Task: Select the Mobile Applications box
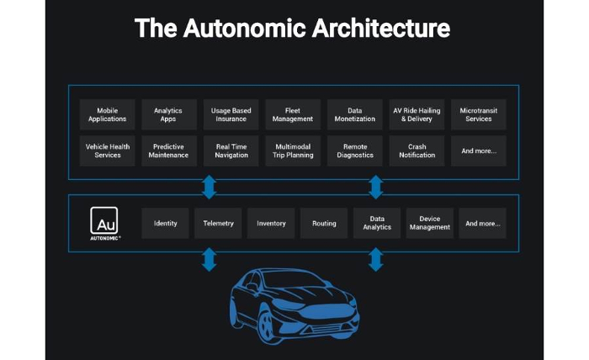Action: [x=107, y=114]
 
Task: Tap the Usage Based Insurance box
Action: [x=231, y=114]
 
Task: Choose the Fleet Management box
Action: [x=293, y=114]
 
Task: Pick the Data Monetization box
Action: [x=354, y=114]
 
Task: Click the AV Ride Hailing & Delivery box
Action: [x=417, y=114]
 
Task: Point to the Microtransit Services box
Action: [x=478, y=114]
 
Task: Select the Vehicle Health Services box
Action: [x=107, y=151]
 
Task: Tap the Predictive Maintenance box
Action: [x=168, y=151]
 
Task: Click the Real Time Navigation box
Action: [x=231, y=151]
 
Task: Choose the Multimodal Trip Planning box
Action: [x=293, y=151]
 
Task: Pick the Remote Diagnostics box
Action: [x=354, y=151]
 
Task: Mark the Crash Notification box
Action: [x=417, y=151]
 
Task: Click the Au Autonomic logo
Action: [x=105, y=224]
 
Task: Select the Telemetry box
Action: [x=218, y=223]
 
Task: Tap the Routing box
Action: [x=324, y=223]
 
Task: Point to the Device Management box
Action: [x=429, y=223]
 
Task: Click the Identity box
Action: [x=165, y=223]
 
